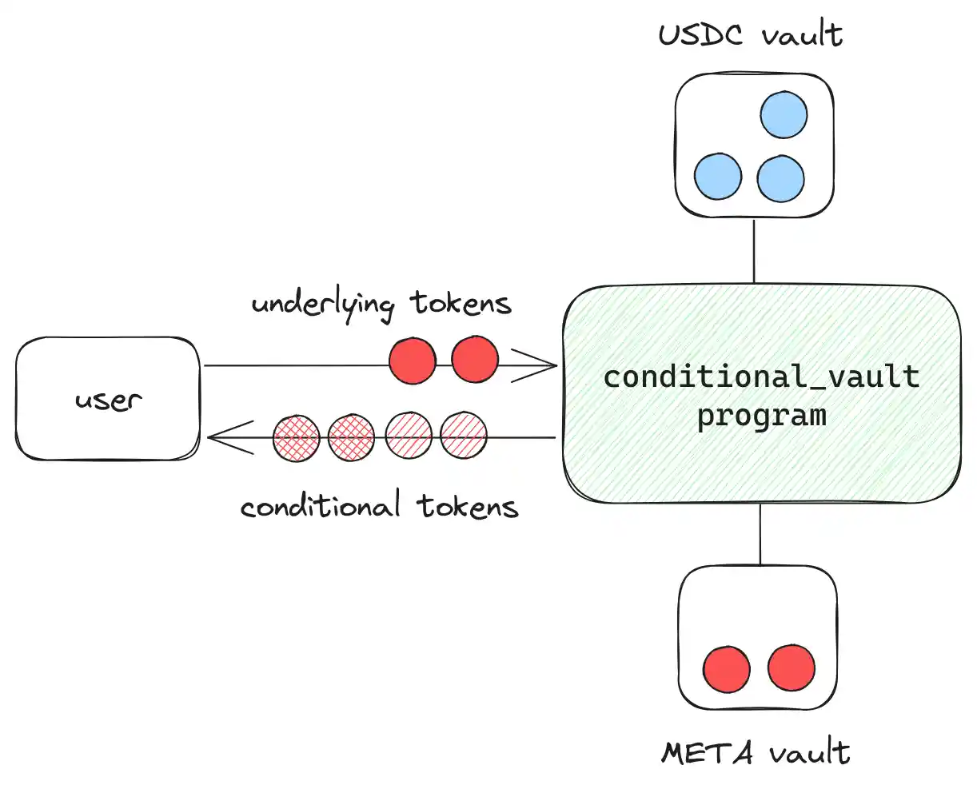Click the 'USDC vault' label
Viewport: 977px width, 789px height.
750,35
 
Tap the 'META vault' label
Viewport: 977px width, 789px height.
756,752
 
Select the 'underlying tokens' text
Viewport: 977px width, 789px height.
381,305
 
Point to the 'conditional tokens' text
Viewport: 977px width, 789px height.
380,507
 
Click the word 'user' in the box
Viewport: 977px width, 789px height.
109,400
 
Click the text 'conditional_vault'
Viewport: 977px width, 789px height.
761,376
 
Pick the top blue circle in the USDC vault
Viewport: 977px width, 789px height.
784,115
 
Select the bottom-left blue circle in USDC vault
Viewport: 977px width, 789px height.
718,177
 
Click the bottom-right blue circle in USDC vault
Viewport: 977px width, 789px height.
780,178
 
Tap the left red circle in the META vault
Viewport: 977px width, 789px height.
727,669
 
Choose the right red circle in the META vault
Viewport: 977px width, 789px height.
792,667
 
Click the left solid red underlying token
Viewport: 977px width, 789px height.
413,361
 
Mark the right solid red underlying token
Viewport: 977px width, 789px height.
475,359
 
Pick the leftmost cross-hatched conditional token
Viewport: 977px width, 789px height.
297,438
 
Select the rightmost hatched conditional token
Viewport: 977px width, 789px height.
464,436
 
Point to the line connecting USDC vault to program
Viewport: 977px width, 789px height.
754,251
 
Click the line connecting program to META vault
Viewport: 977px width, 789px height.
760,534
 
